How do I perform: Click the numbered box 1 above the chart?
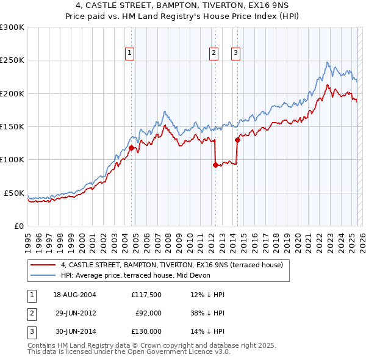(x=131, y=54)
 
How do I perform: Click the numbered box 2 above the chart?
(x=214, y=54)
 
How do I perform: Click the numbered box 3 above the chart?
(x=235, y=54)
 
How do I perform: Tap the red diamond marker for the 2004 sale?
(x=131, y=148)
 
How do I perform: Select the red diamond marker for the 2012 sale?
(x=215, y=164)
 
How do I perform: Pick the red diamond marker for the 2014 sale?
(x=237, y=140)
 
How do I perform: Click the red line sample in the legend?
(x=43, y=265)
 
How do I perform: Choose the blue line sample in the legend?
(x=43, y=275)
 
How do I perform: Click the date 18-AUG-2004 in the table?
(x=75, y=295)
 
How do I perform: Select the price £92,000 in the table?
(x=149, y=313)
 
